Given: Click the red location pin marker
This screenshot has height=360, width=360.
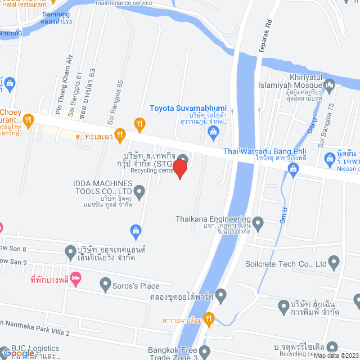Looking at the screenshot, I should click(179, 169).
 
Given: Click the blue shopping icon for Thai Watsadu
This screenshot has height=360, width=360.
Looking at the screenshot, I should click(293, 168).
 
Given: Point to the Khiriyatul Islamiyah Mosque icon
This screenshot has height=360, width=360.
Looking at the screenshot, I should click(330, 85).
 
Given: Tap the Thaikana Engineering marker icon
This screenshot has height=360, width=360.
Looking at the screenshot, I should click(258, 224).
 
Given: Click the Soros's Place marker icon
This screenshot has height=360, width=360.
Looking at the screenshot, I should click(105, 286).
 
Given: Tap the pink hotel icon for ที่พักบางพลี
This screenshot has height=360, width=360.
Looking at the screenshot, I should click(76, 277).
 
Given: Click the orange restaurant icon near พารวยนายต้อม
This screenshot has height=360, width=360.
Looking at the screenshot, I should click(209, 319).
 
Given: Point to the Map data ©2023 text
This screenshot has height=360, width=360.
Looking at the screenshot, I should click(336, 355).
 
